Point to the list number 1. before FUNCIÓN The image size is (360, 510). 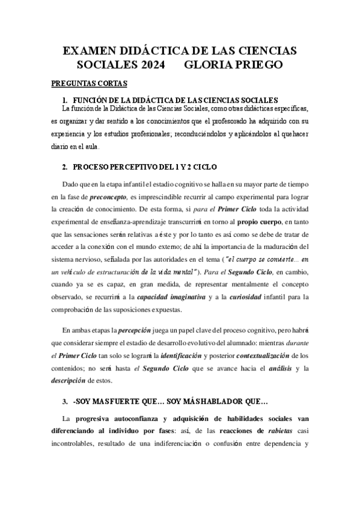coord(66,99)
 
